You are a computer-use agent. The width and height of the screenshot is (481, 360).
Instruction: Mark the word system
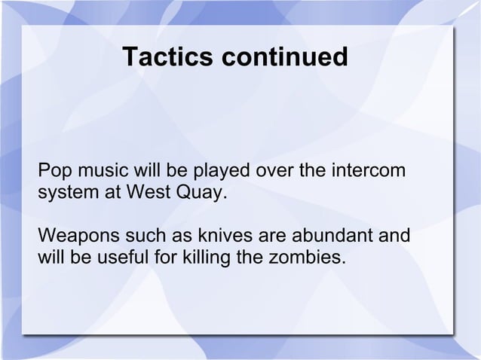point(64,191)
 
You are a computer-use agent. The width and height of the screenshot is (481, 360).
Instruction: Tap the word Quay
point(199,191)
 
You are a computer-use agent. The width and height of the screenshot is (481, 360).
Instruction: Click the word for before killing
point(164,258)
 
